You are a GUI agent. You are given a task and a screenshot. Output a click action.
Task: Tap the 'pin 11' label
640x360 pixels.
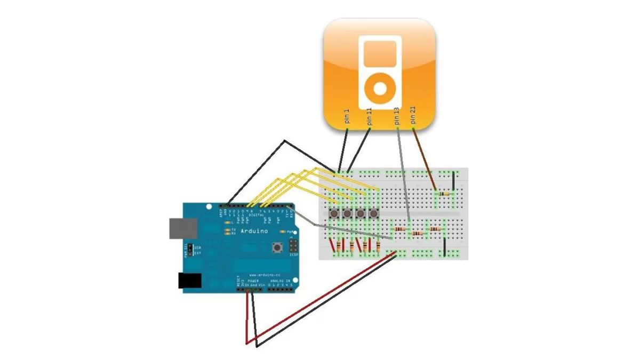[370, 117]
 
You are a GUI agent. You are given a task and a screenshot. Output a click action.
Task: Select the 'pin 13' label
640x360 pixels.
[396, 117]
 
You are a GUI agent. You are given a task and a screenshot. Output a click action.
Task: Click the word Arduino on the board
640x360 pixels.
[250, 231]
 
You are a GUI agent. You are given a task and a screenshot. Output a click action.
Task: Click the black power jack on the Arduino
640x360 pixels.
[189, 281]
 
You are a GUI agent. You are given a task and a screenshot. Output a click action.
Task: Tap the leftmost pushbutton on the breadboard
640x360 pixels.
[334, 214]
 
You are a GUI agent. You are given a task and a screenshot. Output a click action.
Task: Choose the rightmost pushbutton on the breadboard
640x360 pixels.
[374, 214]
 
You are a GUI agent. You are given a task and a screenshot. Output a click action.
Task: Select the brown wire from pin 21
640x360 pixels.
[425, 158]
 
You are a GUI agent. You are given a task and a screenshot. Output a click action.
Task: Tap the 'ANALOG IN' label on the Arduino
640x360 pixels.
[281, 281]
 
